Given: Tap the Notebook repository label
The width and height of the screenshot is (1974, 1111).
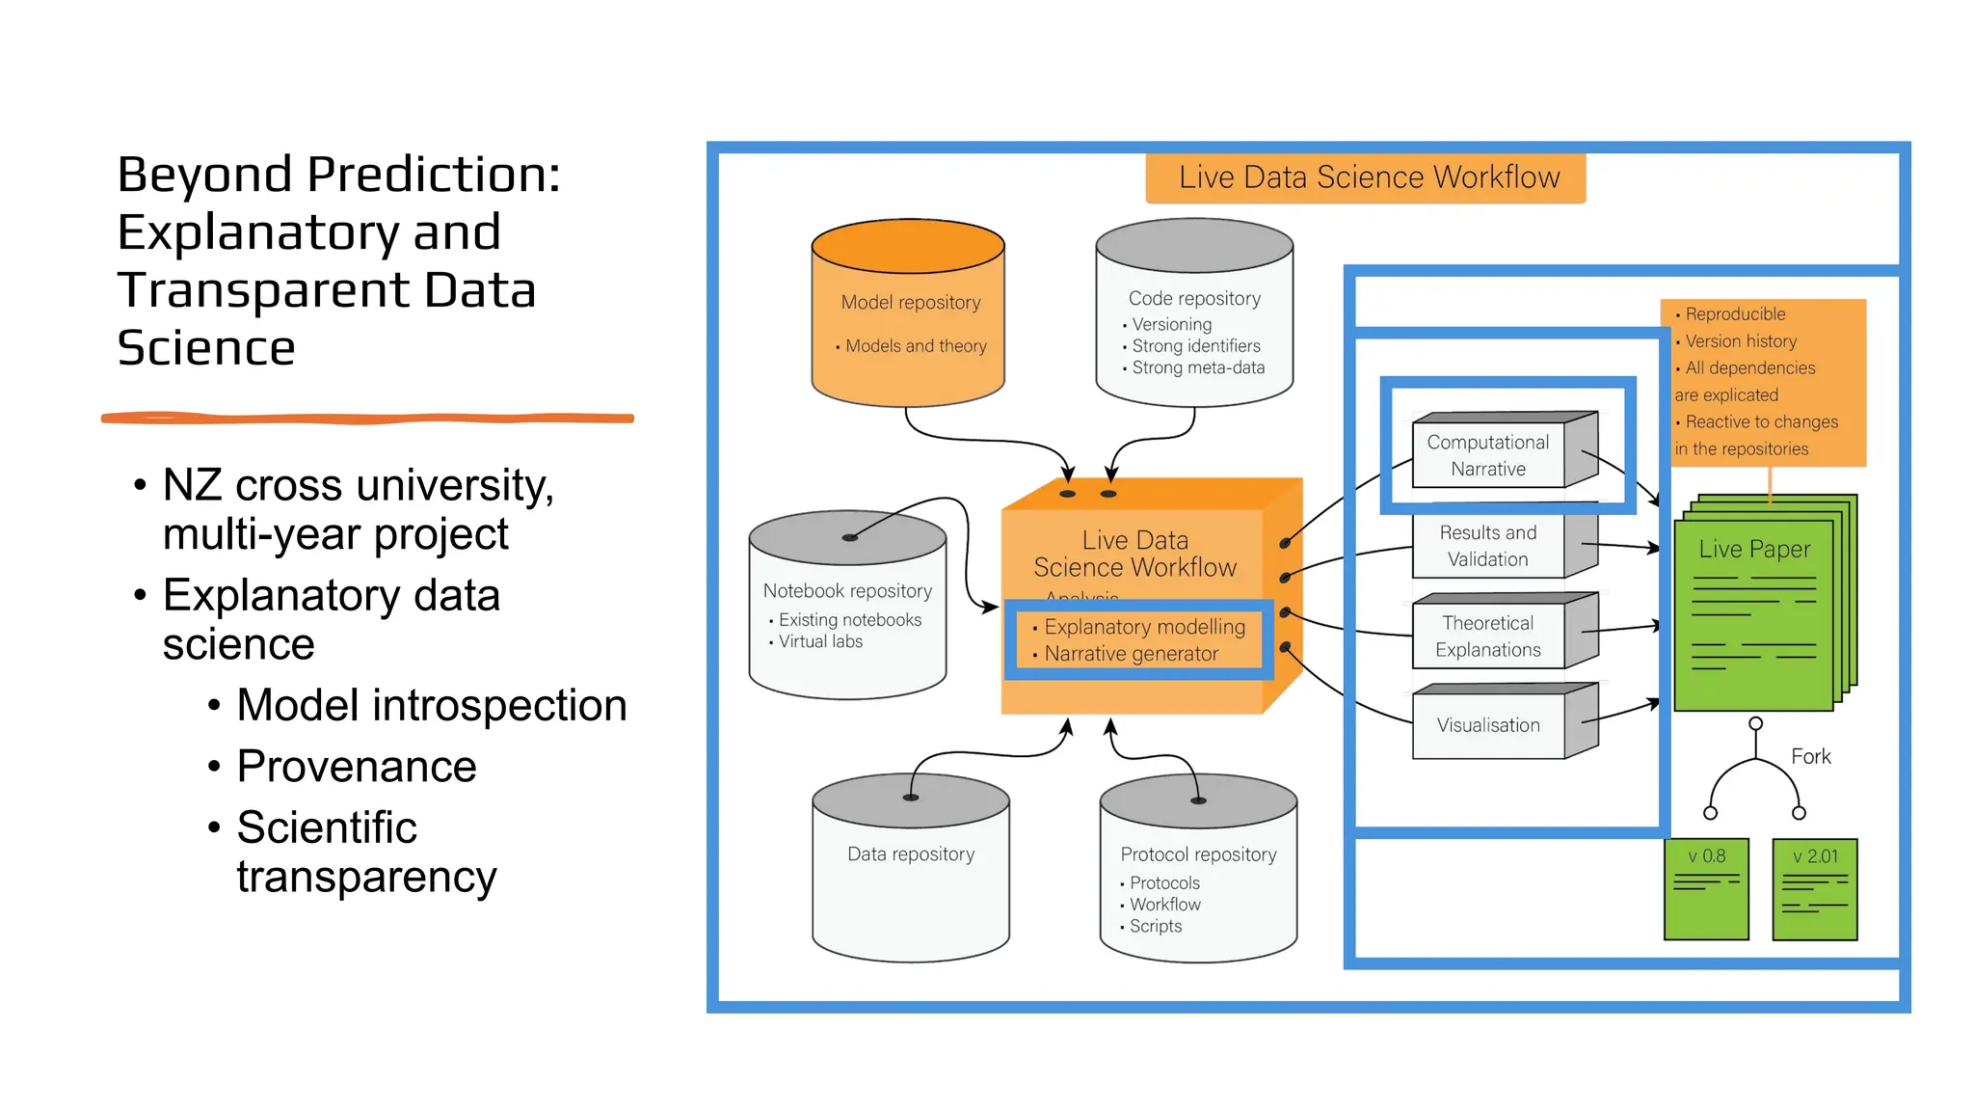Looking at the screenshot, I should [847, 590].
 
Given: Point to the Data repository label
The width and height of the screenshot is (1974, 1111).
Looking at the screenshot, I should [911, 854].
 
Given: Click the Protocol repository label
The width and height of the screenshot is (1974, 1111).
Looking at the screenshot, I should [1198, 854].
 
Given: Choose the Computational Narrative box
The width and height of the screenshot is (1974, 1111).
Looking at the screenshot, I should [1488, 455].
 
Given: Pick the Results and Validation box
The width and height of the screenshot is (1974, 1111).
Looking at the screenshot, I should [1488, 546].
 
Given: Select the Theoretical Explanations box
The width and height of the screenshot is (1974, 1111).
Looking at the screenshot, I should [1488, 637].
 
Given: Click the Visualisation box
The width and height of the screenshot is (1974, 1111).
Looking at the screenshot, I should [1488, 725].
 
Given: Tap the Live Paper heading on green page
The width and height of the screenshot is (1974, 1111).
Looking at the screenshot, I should [1754, 549].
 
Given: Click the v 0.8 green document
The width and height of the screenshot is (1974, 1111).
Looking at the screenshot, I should [1706, 889].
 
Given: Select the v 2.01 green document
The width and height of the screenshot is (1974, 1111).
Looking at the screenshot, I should [1815, 889].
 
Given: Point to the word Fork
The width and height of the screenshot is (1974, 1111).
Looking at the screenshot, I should [1810, 757].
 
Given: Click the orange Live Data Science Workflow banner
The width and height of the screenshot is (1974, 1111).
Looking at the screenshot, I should [1366, 177].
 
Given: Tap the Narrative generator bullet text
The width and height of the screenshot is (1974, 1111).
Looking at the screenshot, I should [1132, 654].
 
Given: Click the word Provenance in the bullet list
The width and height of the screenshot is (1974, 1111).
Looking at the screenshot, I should [357, 767].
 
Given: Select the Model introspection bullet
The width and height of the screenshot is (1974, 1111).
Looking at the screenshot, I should [432, 705].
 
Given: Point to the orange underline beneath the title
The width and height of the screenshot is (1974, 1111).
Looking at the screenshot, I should [367, 419].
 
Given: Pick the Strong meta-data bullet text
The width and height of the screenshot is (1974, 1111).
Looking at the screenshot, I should [1198, 367].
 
